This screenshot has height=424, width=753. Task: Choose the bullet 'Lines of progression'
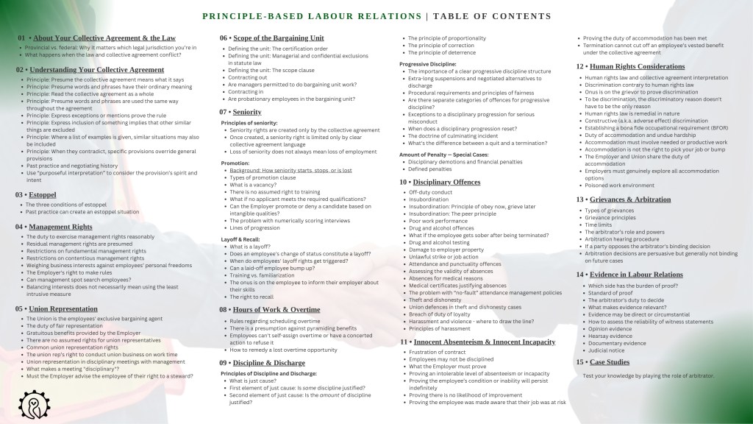[x=254, y=229]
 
